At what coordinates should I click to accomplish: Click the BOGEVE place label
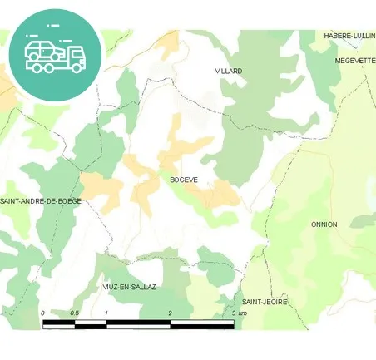(183, 180)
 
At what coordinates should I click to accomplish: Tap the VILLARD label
(228, 72)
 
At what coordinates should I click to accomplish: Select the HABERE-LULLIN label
(349, 36)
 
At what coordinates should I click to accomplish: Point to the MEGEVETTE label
(355, 60)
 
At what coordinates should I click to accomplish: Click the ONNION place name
(324, 224)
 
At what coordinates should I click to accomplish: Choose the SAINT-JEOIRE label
(265, 302)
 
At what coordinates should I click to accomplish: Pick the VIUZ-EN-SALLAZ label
(129, 287)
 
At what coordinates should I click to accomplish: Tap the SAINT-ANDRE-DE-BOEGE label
(40, 201)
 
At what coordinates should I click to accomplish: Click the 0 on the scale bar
(42, 313)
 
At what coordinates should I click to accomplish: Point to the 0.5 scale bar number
(74, 313)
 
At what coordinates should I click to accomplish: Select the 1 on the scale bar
(106, 313)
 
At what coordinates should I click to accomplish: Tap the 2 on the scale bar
(170, 313)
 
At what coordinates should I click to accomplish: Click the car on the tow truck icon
(42, 49)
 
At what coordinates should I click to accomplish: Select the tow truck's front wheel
(77, 68)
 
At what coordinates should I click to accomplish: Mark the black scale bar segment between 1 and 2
(138, 324)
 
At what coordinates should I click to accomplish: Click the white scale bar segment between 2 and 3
(201, 324)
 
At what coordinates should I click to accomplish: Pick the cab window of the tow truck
(75, 52)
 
